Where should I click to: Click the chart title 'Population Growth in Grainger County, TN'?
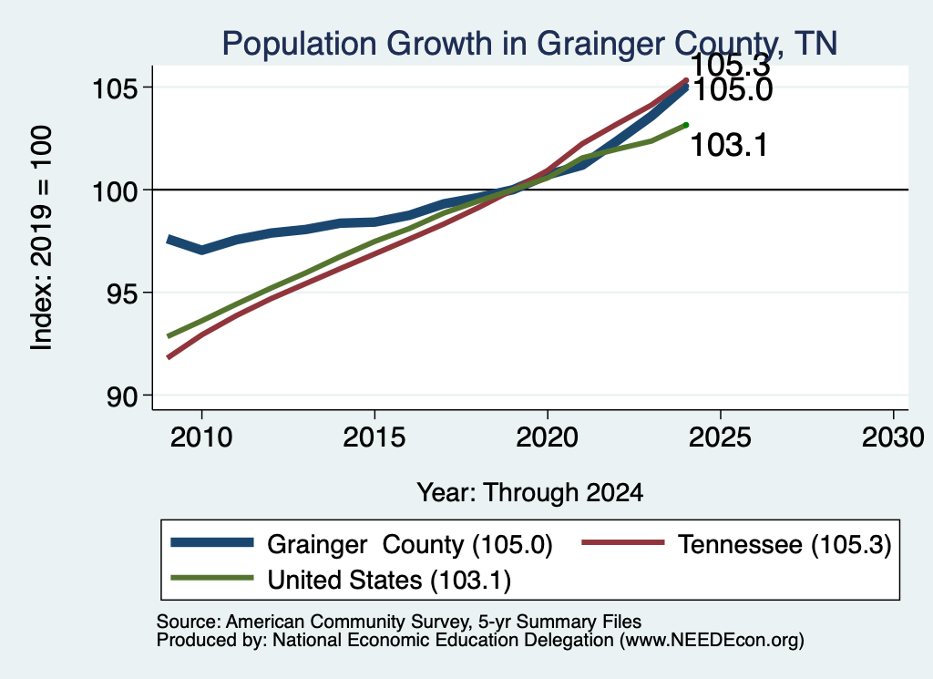(x=529, y=44)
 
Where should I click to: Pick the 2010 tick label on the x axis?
(x=201, y=437)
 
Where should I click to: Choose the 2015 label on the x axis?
(x=374, y=437)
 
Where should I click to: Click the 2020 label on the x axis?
(x=547, y=437)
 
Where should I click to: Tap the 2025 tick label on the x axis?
(x=720, y=437)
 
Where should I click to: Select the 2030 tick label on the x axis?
(x=893, y=437)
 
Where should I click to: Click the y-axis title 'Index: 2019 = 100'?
(x=41, y=238)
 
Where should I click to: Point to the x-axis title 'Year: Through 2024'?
(x=529, y=493)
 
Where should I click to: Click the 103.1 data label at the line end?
(x=729, y=145)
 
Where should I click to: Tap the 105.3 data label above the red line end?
(x=730, y=65)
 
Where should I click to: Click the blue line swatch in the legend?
(x=212, y=542)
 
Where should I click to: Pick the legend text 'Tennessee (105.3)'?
(x=784, y=544)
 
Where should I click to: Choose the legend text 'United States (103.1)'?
(x=389, y=581)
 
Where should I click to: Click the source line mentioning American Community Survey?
(x=399, y=622)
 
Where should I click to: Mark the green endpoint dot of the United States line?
(x=686, y=125)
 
